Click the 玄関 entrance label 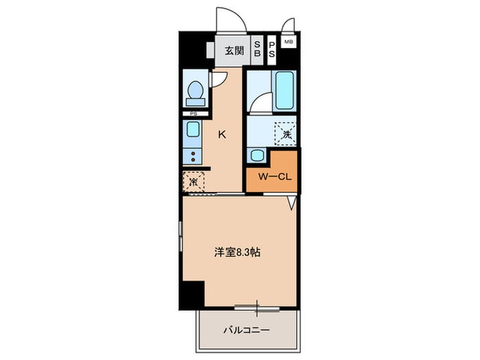(235, 51)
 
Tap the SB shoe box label (257, 49)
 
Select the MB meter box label (289, 42)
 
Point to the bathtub (285, 90)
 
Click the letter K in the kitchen (222, 134)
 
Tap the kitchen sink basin (193, 129)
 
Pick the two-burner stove (193, 156)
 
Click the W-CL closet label (274, 177)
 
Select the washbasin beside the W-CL (257, 155)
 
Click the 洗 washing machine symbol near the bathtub (286, 134)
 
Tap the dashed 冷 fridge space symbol (193, 182)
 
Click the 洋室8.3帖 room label (237, 252)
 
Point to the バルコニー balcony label (246, 331)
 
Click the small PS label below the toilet (193, 114)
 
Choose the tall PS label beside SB (272, 49)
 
